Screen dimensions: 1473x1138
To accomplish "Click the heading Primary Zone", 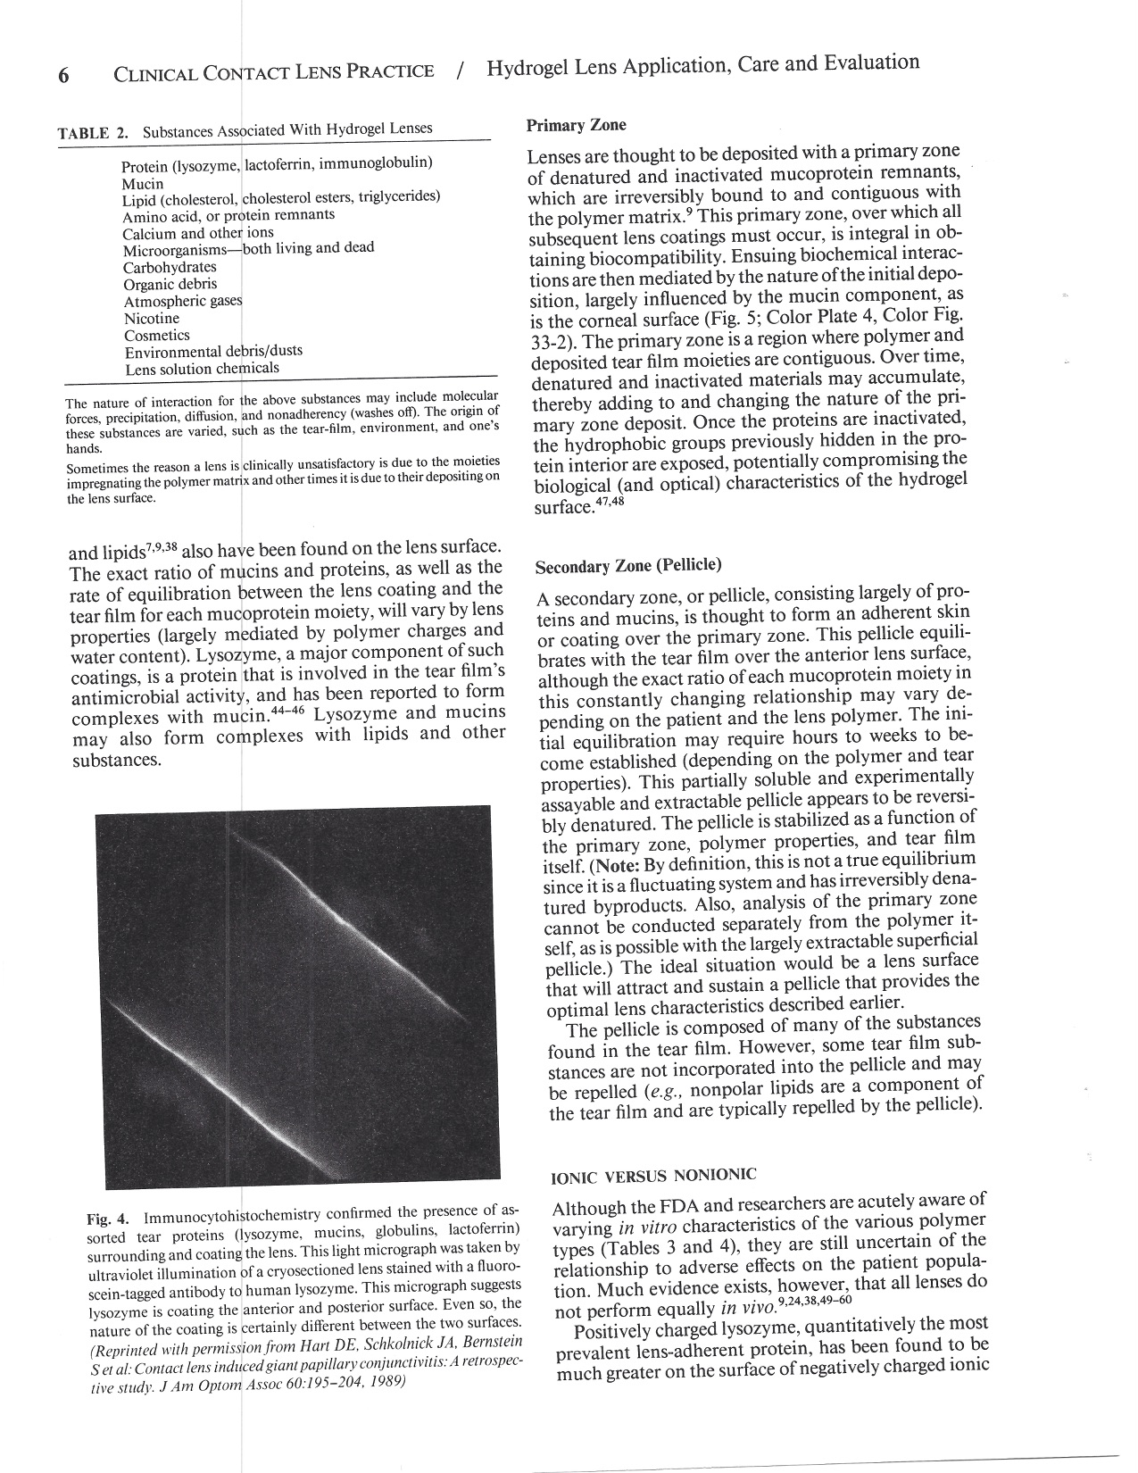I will (x=576, y=125).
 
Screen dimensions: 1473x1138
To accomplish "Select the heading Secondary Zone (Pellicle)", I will (x=627, y=566).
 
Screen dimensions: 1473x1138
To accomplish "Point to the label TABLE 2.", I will (x=93, y=134).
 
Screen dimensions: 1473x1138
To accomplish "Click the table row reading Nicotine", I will (x=152, y=319).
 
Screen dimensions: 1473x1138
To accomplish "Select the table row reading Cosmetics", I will (x=157, y=336).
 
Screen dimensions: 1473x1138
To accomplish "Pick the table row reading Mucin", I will (x=143, y=183).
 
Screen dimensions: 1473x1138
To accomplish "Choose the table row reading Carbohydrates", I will (x=170, y=267).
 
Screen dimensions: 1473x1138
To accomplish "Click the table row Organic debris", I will (x=170, y=284).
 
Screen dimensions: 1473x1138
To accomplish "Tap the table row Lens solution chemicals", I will (x=202, y=369).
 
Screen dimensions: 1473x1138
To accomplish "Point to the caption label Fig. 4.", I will (x=108, y=1219).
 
